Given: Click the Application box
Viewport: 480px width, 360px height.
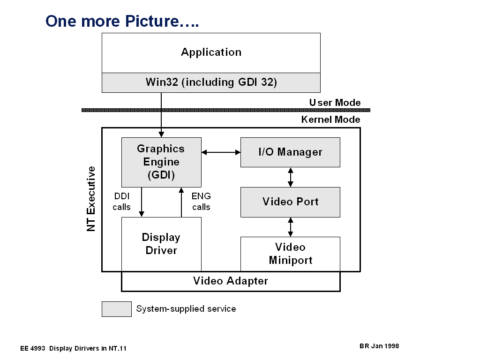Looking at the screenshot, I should point(211,52).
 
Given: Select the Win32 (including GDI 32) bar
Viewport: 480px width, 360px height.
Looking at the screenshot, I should point(211,82).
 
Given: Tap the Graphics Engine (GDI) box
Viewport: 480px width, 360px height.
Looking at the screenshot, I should point(161,162).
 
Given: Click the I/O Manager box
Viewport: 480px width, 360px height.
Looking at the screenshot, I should point(290,152).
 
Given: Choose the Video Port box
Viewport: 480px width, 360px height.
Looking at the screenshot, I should point(290,202).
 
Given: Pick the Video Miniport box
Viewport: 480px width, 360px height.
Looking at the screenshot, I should point(290,254).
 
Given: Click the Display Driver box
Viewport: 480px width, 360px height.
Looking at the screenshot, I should point(161,244).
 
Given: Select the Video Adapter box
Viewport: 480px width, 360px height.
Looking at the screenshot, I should point(231,281).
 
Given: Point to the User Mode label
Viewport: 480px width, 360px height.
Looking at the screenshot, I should point(335,103).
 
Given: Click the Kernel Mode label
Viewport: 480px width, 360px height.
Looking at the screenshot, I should point(330,120).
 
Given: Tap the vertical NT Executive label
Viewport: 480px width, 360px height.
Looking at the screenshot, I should point(91,198).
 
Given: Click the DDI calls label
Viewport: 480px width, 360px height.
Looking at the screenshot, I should point(121,202).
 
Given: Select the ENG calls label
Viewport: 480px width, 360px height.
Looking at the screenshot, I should point(201,202).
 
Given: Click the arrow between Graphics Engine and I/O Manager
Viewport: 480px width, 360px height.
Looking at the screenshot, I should point(221,152).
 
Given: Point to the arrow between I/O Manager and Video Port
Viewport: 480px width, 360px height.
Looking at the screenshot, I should point(291,177).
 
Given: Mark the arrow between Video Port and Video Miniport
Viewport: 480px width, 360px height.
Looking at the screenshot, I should point(291,227).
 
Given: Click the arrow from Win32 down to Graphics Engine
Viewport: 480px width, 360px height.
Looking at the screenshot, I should point(161,115).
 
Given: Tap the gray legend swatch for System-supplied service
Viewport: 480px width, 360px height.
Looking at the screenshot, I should point(117,309).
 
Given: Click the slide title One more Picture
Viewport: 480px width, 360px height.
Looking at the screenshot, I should point(122,21).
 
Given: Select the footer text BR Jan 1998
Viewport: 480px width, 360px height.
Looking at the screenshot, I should point(379,346).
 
